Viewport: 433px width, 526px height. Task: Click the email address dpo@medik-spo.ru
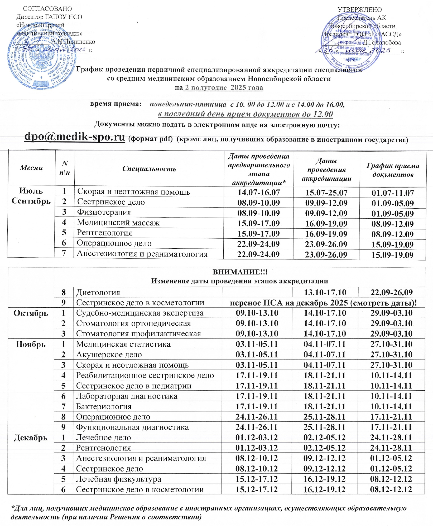74,137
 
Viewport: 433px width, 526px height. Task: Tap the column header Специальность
149,169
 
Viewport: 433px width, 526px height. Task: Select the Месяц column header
31,168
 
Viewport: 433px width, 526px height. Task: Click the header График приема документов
393,170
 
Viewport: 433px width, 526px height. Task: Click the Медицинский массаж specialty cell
118,223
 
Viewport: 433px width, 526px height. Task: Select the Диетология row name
98,292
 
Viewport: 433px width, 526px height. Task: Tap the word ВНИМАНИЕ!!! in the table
240,272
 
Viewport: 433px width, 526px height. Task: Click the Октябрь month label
31,313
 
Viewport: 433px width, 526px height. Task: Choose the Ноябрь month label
31,344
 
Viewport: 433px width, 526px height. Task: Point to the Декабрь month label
31,438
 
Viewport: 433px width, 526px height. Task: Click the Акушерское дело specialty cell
109,355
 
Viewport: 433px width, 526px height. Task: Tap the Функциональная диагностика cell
132,427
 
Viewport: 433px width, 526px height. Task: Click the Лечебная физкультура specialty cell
119,479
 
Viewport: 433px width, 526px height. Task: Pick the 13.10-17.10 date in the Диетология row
325,292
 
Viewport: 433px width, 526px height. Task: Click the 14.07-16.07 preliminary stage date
258,193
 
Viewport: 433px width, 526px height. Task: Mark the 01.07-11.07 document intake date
393,193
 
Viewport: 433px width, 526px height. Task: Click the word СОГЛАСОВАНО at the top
47,9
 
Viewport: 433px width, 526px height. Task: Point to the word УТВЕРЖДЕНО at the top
360,10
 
